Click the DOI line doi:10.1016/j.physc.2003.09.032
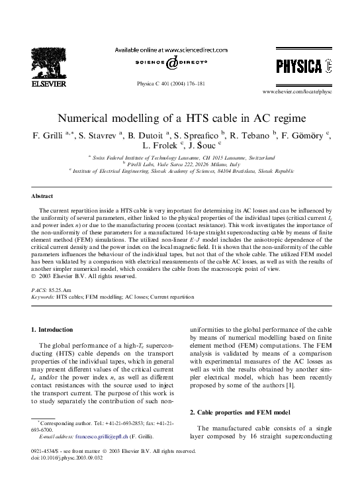[71, 456]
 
